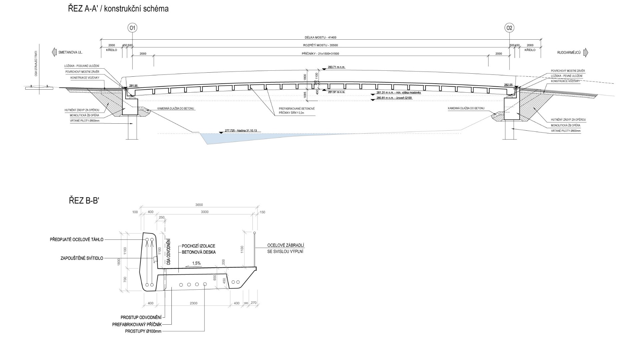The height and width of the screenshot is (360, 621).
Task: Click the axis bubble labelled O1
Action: point(132,28)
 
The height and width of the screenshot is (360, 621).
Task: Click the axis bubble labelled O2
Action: point(509,28)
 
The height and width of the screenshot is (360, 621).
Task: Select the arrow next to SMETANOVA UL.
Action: point(54,52)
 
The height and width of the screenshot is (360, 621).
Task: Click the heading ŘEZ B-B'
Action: point(84,201)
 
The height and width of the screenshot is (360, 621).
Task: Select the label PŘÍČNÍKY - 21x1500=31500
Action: point(320,54)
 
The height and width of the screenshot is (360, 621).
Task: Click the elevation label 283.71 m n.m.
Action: point(337,67)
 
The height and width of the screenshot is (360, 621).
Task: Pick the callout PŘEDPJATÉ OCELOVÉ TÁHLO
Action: point(77,239)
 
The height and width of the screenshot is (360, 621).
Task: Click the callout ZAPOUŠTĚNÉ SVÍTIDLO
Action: point(82,258)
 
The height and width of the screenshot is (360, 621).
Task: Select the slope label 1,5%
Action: point(196,263)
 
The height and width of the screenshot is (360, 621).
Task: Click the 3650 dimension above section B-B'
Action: point(199,205)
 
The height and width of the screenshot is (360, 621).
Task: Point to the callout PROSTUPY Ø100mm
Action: point(143,331)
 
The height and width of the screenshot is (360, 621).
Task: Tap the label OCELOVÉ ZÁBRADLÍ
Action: point(285,246)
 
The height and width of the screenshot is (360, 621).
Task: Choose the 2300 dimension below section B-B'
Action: point(193,303)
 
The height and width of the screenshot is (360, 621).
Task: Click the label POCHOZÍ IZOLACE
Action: point(198,246)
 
